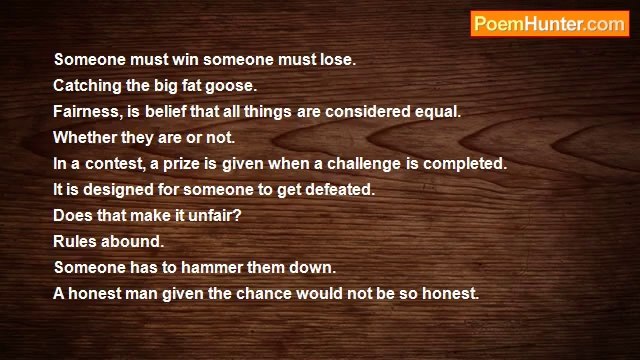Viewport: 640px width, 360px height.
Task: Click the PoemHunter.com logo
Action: [x=549, y=24]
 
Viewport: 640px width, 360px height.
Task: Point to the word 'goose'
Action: [x=235, y=86]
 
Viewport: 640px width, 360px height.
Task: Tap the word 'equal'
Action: [x=437, y=112]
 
